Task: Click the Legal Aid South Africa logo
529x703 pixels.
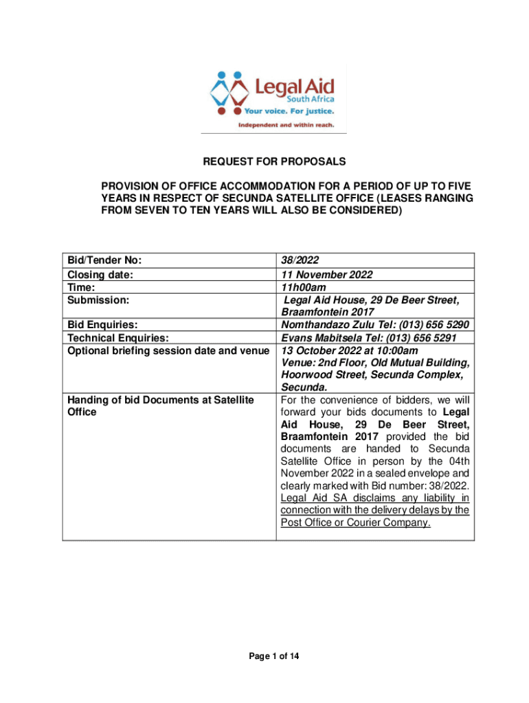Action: (273, 98)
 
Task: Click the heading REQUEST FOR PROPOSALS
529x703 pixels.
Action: (273, 163)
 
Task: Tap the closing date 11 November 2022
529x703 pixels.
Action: (327, 275)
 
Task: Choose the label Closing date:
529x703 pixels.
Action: (100, 275)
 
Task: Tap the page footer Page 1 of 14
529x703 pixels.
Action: (273, 657)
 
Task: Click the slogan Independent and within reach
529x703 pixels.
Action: (285, 125)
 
